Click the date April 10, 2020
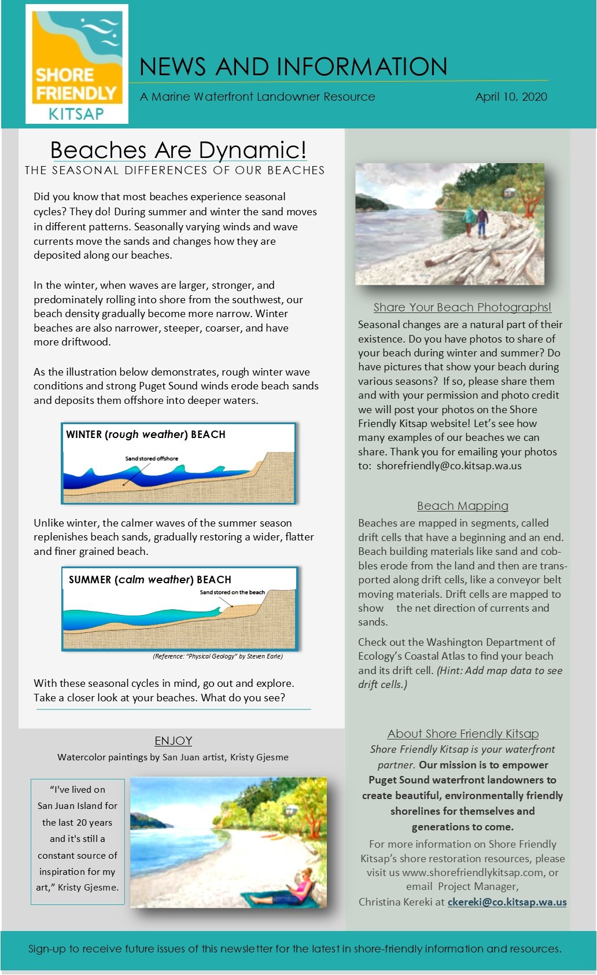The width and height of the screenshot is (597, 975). [511, 97]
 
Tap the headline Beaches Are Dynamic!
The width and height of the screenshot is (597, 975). [178, 150]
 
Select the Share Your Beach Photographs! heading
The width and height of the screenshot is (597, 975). [462, 307]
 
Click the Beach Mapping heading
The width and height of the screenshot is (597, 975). [462, 506]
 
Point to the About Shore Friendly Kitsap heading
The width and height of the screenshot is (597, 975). [463, 734]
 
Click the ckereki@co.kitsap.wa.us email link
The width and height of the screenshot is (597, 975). [507, 902]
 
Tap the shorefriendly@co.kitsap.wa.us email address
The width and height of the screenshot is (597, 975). [449, 466]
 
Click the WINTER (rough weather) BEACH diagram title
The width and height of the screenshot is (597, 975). [146, 435]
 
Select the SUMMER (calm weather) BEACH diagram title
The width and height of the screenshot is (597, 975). [150, 580]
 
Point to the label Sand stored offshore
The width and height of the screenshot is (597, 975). [152, 458]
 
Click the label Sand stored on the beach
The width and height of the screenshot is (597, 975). [232, 593]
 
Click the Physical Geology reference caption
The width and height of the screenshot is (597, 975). [218, 656]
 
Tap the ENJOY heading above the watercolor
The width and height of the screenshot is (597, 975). [173, 741]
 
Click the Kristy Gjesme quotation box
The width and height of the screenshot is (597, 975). [77, 838]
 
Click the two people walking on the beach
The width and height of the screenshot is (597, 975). [476, 222]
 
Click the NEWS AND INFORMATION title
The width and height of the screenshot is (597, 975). [293, 67]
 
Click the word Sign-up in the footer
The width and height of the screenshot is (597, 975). [47, 949]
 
